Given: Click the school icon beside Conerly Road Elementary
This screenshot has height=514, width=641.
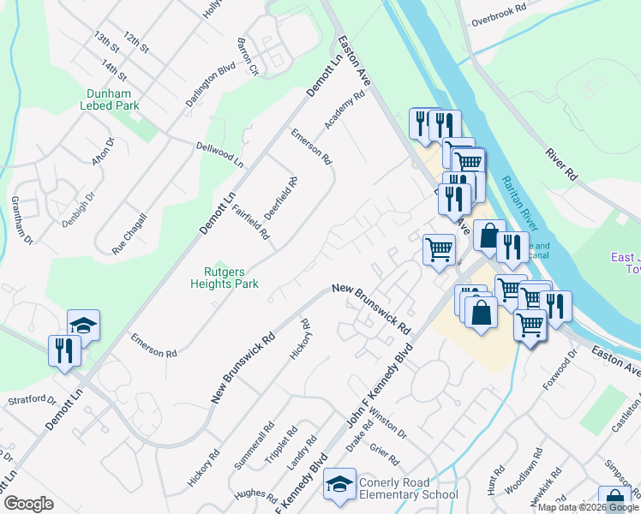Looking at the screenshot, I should pos(339,487).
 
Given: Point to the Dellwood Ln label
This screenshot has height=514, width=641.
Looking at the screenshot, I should pos(220,154).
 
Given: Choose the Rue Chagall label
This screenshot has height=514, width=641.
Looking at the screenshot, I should pos(130,233).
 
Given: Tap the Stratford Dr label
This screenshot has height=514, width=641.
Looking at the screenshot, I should pos(32,399).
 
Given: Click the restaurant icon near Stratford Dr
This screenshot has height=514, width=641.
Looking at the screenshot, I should pos(65,351).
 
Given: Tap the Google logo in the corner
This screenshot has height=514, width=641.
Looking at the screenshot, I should pos(28,504).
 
